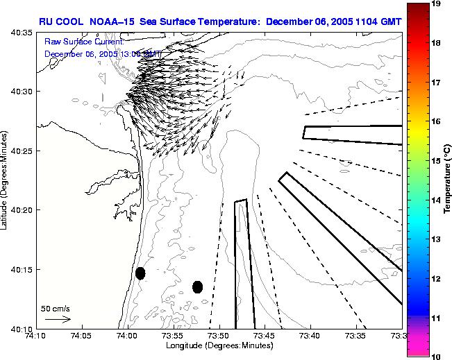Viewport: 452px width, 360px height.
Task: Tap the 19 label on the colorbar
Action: pos(437,4)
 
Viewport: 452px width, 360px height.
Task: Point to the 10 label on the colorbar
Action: pos(437,356)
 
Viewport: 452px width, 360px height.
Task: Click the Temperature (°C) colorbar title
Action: pos(448,179)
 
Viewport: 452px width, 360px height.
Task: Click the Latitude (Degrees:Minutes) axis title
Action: pos(6,180)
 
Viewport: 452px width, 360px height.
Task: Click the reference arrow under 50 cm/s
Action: pos(58,319)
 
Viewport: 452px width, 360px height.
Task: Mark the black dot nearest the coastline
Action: pos(140,273)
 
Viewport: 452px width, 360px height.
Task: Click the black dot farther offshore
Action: pos(197,286)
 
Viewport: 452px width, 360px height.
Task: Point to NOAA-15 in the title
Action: pos(112,21)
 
